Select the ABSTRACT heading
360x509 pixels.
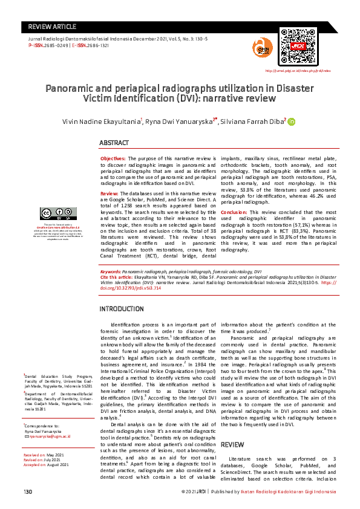pos(114,143)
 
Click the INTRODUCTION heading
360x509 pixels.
pos(121,309)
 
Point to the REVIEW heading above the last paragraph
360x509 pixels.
pos(233,427)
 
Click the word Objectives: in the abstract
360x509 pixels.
pos(113,158)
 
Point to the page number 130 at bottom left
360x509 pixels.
pos(27,493)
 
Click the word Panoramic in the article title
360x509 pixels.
pos(71,88)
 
